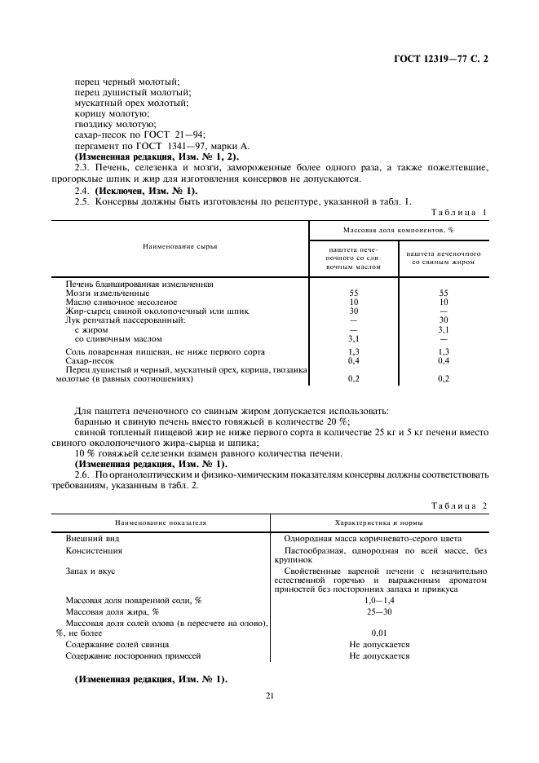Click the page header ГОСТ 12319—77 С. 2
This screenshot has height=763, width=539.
pos(440,60)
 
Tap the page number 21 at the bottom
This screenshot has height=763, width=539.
pos(270,695)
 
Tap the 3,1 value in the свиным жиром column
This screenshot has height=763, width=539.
pos(444,329)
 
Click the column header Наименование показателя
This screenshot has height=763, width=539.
pos(161,523)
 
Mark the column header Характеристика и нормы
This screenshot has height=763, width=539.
pos(379,523)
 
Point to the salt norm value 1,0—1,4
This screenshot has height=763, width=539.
pos(379,600)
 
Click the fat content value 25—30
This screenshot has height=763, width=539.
pos(379,611)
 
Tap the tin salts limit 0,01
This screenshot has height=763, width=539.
pos(379,633)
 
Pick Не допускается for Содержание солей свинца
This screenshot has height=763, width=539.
pos(379,644)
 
